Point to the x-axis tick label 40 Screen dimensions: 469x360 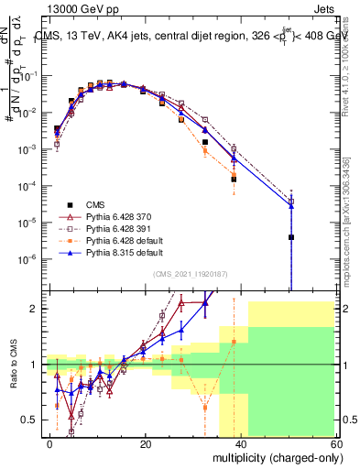(240, 442)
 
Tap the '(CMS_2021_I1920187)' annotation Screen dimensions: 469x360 (191, 273)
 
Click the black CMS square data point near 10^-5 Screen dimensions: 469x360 (290, 237)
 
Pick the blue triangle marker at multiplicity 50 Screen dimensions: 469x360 (290, 206)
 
